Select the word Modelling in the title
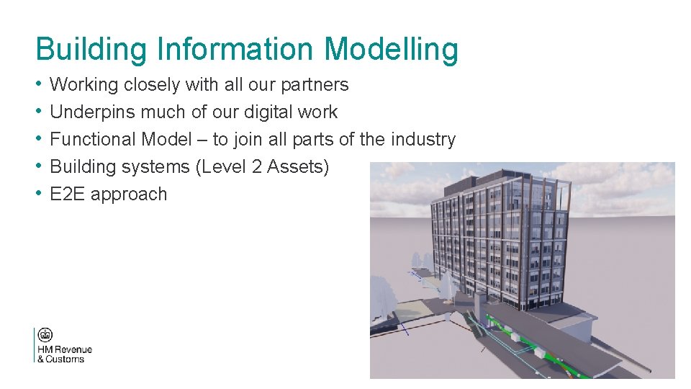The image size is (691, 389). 391,50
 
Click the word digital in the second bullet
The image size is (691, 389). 272,112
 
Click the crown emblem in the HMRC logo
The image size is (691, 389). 46,336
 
